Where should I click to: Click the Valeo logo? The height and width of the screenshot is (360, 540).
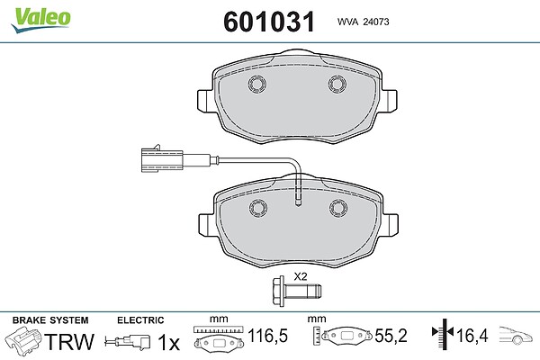(x=40, y=19)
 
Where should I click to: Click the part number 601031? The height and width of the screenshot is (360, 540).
(x=269, y=22)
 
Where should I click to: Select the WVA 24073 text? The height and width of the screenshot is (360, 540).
(x=363, y=22)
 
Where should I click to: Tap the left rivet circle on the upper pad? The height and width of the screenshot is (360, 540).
(x=257, y=84)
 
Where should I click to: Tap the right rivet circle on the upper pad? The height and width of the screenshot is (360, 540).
(x=337, y=84)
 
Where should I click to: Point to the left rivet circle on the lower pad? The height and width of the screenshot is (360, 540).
(x=258, y=208)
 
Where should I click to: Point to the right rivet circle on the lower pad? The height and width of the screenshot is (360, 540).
(x=338, y=208)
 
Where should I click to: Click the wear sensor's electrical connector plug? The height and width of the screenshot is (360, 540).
(x=162, y=159)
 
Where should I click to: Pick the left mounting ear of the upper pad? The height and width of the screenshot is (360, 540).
(x=205, y=101)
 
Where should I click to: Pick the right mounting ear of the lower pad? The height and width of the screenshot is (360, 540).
(x=391, y=225)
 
